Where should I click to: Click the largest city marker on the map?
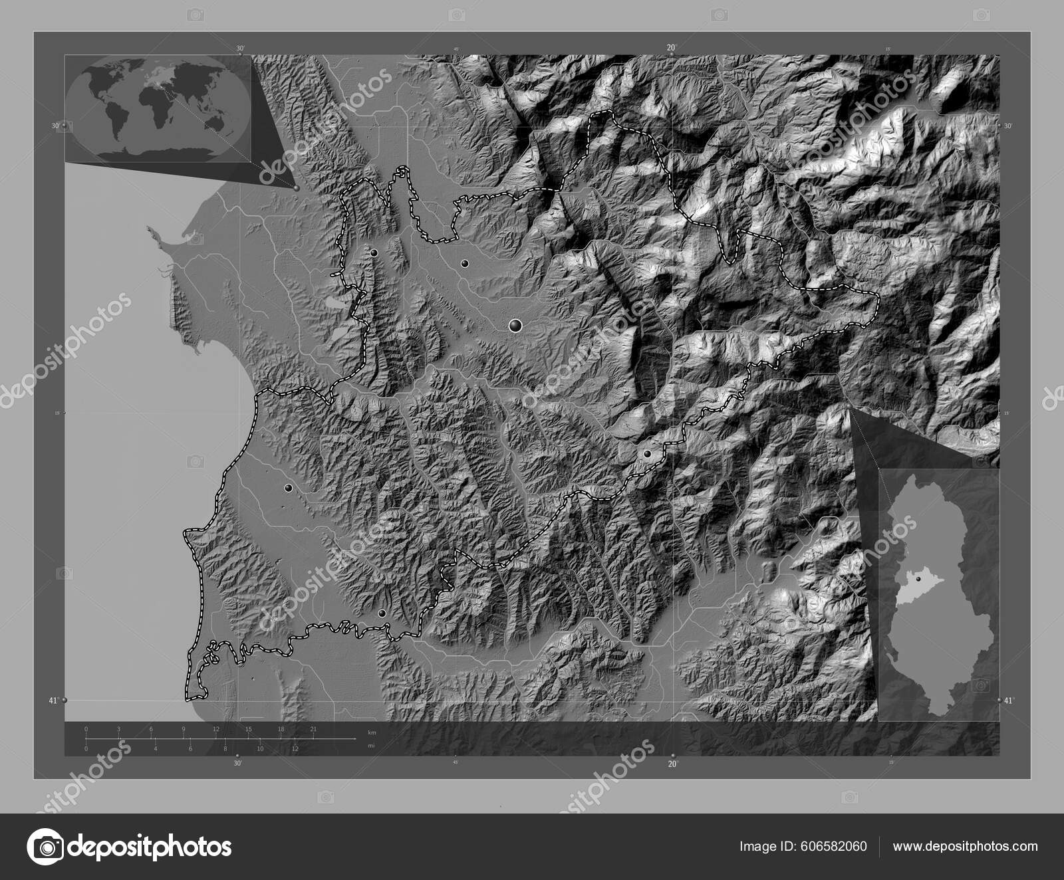pos(515,325)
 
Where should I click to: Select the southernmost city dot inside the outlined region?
pos(381,613)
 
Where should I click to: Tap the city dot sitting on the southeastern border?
pos(646,454)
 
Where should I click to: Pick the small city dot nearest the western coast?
pos(288,488)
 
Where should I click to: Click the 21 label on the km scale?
pos(313,730)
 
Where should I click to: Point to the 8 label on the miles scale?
pos(225,749)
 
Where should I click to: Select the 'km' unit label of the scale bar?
pos(372,732)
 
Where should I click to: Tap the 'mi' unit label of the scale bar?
pos(371,746)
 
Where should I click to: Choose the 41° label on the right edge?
pos(1009,700)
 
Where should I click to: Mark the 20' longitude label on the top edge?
pos(672,47)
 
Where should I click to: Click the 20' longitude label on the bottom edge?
pos(672,764)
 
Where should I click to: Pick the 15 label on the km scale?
pos(248,730)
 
